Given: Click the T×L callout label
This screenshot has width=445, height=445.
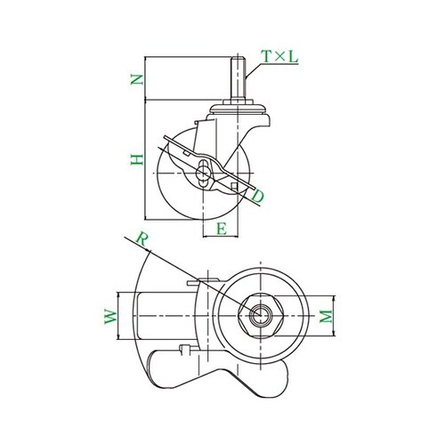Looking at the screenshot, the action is (x=279, y=57).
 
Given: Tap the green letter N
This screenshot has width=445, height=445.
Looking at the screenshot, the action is (x=137, y=79).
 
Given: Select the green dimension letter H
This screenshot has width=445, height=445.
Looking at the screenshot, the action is (x=137, y=159).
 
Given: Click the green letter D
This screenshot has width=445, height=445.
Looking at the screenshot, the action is (x=257, y=196).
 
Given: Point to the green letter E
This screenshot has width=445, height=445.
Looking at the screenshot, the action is (x=222, y=229).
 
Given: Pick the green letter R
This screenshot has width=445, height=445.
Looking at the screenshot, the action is (x=142, y=239).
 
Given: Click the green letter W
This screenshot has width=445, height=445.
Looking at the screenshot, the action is (x=111, y=317).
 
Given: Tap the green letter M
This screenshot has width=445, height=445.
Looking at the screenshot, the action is (x=326, y=316).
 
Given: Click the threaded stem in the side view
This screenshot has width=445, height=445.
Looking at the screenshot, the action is (x=239, y=79).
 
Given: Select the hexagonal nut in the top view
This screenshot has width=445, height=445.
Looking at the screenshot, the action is (x=261, y=316).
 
